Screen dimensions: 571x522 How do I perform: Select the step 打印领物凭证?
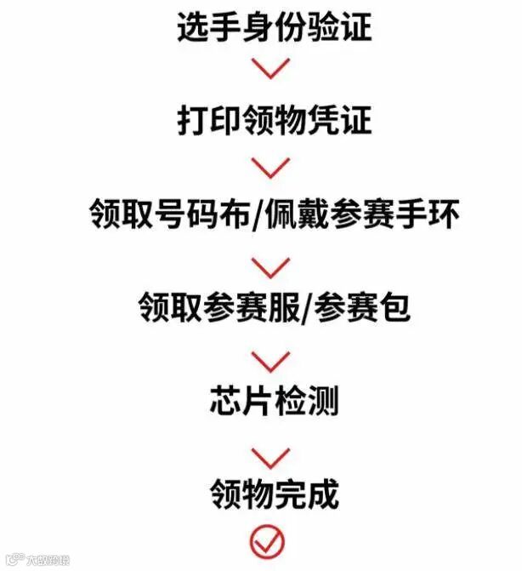(x=274, y=120)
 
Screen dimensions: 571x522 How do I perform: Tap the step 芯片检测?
(x=274, y=400)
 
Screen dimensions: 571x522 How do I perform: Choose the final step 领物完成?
(x=274, y=493)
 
